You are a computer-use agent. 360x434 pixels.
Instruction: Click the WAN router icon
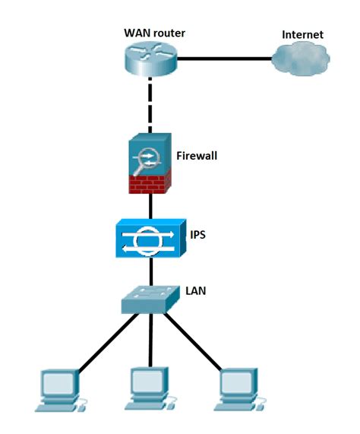coord(150,59)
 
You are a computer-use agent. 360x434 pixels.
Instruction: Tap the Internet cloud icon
coord(302,59)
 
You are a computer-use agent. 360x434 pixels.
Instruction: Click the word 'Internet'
coord(302,34)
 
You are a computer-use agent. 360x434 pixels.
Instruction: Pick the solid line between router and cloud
coord(224,59)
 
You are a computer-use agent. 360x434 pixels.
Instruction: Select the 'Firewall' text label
coord(197,156)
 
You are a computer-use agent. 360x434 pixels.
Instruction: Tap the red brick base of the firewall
coord(150,182)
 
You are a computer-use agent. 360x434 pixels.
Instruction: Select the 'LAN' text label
coord(196,290)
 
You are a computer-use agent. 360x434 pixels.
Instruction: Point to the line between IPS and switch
coord(150,271)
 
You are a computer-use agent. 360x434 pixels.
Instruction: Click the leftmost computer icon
coord(58,391)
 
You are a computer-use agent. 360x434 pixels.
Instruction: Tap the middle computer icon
coord(149,391)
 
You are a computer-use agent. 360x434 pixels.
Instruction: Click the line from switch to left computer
coord(106,342)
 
